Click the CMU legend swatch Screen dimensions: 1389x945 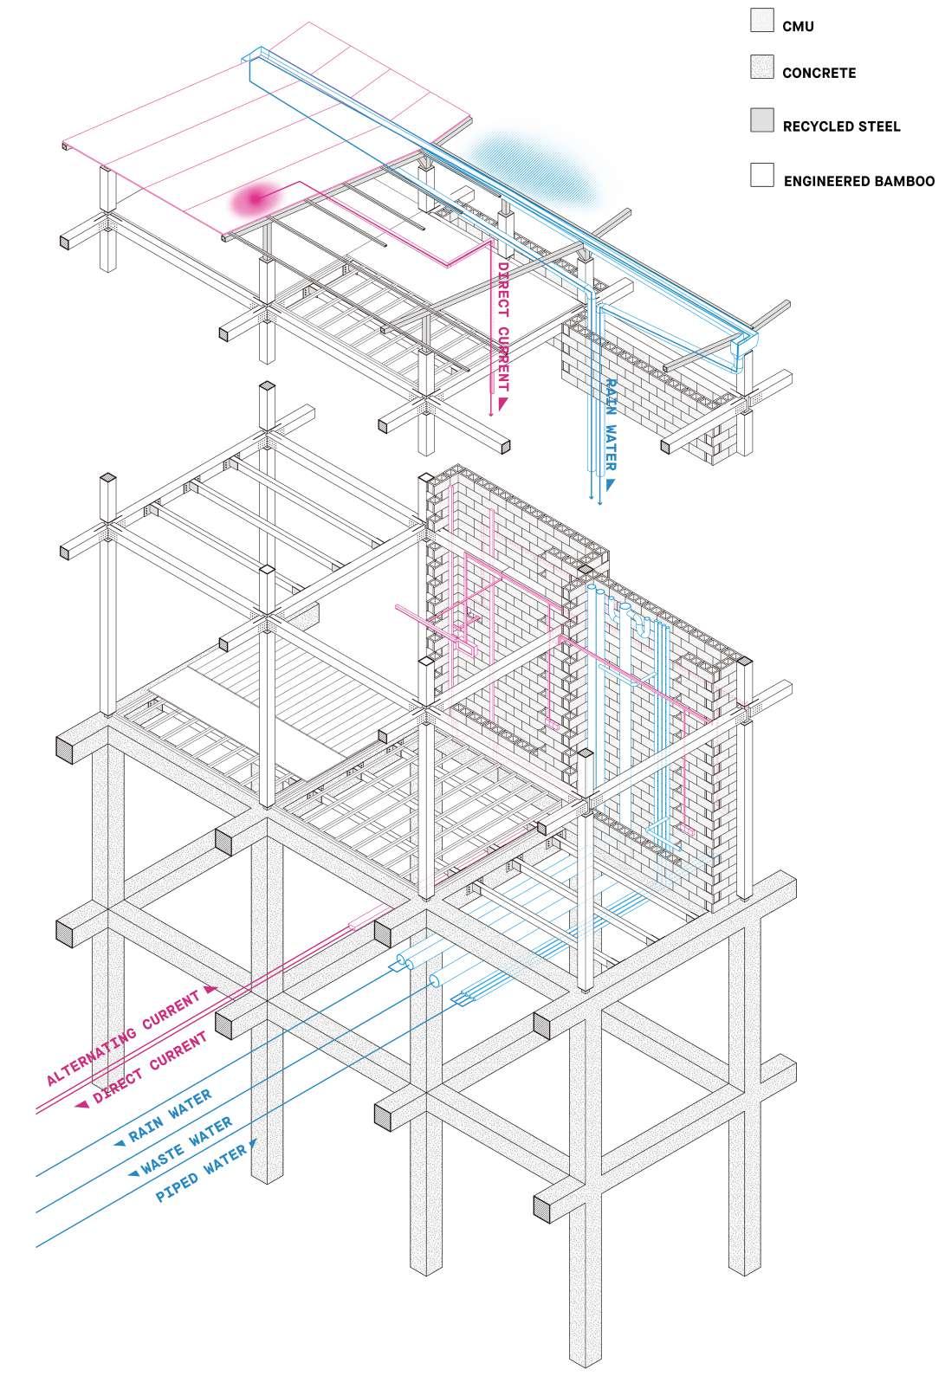click(762, 21)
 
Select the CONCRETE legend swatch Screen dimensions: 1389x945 click(762, 68)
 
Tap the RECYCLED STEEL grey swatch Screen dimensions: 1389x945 click(762, 121)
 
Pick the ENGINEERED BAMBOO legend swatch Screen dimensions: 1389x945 click(762, 175)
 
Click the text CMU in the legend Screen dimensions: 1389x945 click(798, 27)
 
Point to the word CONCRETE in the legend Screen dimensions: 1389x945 click(819, 74)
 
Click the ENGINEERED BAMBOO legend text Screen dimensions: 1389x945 click(858, 181)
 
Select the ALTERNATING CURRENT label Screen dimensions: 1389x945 click(123, 1037)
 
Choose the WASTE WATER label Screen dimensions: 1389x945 click(186, 1145)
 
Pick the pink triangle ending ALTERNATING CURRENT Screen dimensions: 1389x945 click(209, 989)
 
